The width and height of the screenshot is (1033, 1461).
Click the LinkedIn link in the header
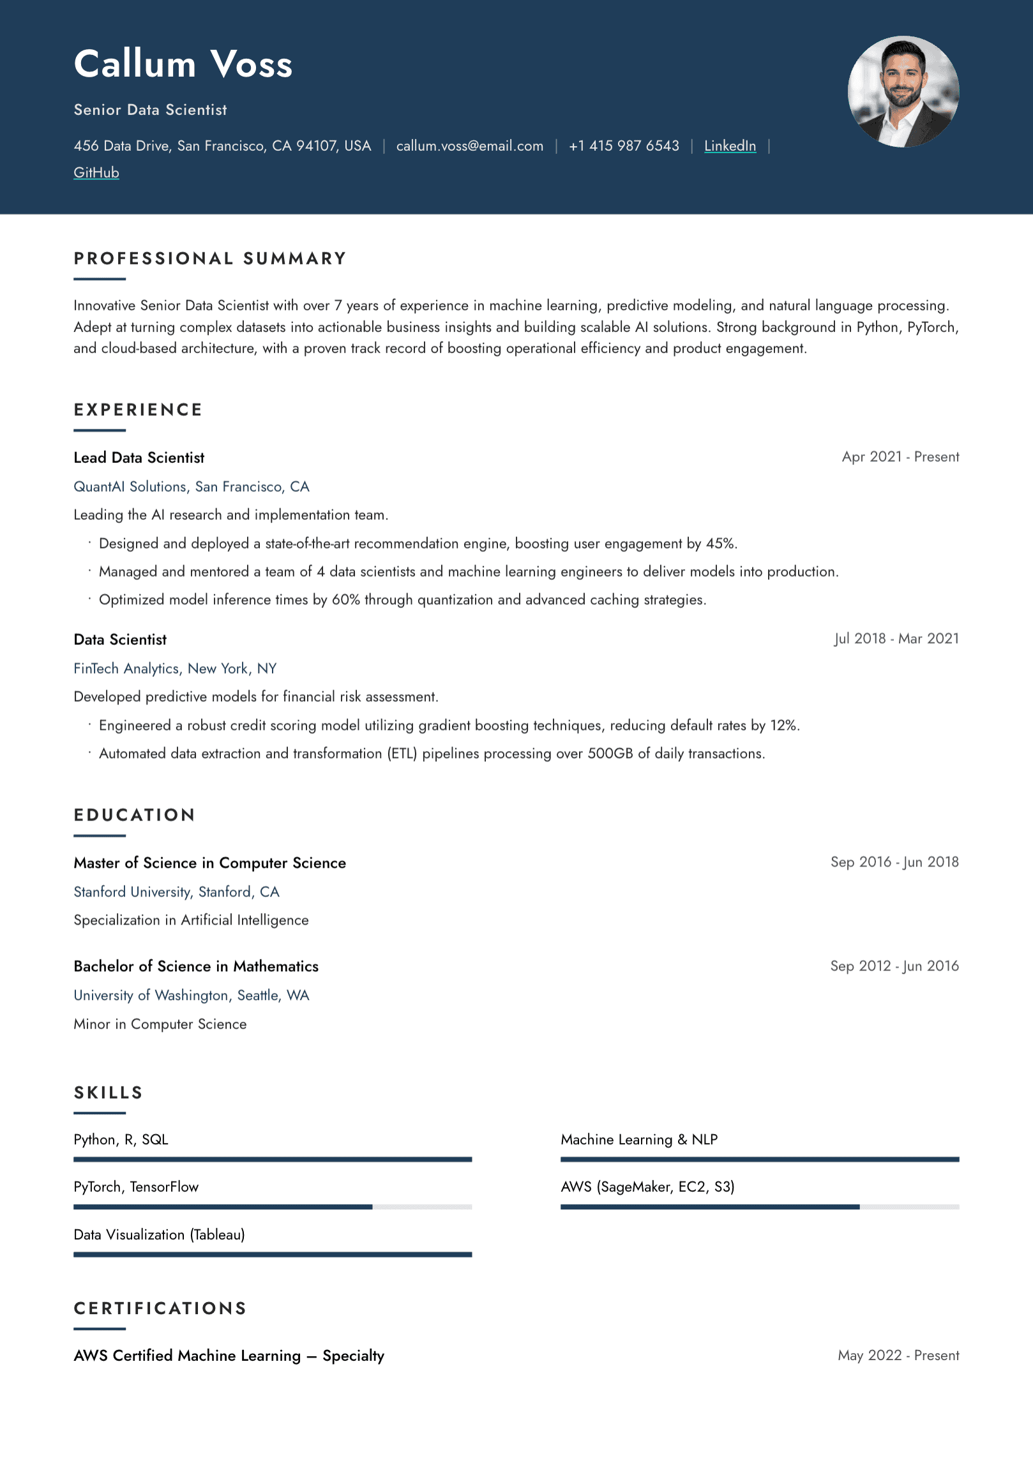[730, 146]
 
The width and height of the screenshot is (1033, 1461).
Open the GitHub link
[96, 173]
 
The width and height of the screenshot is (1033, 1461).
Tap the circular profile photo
[903, 92]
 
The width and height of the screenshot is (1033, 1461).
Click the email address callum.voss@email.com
[469, 146]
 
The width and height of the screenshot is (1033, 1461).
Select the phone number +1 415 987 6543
[624, 146]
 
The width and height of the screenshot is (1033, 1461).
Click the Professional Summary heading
[210, 259]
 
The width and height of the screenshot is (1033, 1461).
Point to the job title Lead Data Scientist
[139, 458]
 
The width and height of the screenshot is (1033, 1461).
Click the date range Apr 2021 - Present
[900, 457]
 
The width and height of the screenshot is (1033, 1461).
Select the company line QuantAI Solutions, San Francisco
[192, 487]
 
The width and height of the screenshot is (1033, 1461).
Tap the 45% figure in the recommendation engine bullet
[720, 543]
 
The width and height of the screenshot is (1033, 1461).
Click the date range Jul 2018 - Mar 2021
[896, 639]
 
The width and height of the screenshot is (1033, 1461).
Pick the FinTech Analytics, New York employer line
[175, 669]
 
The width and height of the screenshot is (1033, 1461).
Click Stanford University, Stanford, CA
[176, 892]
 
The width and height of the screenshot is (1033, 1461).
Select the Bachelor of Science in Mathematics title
[196, 967]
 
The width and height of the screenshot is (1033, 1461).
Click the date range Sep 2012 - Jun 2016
[894, 966]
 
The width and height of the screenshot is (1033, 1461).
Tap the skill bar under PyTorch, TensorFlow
[273, 1207]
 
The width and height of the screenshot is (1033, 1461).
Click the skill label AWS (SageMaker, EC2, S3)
[647, 1187]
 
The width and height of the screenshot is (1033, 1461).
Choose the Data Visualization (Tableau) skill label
[159, 1235]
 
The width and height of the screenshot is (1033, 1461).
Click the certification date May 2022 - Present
[898, 1356]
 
